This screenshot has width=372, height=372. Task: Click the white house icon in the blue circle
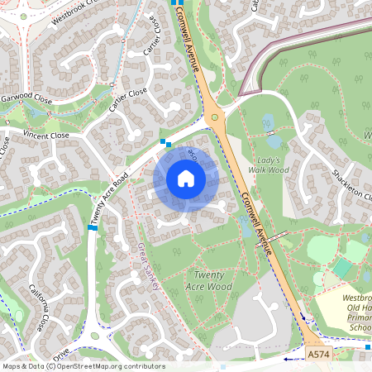point(186,179)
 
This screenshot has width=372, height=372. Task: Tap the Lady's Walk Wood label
point(269,165)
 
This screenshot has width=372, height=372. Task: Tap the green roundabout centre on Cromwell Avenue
point(215,117)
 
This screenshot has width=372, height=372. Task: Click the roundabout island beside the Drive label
point(94,336)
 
